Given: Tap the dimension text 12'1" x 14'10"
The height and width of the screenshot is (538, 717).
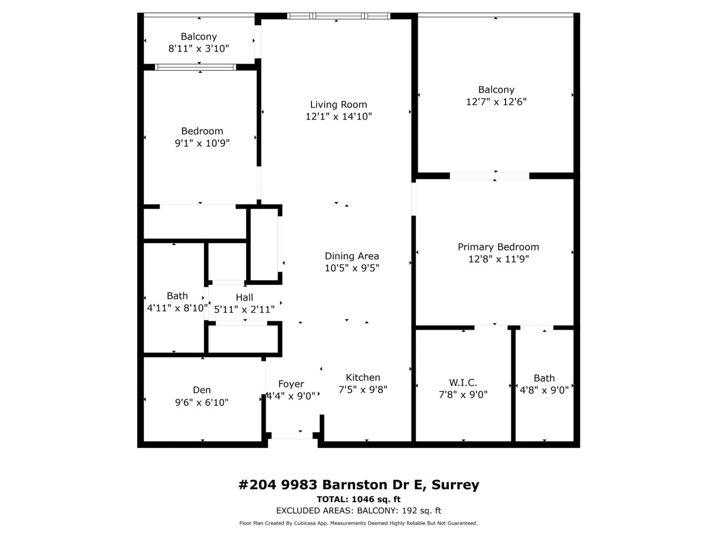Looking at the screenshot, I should (338, 116).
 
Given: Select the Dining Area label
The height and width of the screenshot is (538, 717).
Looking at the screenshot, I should (352, 256).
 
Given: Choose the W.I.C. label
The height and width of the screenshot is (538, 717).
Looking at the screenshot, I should (463, 383).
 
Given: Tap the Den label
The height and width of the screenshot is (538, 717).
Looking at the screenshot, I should (202, 390).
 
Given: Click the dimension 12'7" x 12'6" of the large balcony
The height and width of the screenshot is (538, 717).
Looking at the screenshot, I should (496, 102).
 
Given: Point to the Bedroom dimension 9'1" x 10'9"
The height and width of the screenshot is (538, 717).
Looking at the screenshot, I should (202, 143).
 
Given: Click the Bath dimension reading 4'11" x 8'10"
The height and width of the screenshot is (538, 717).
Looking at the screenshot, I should (177, 308).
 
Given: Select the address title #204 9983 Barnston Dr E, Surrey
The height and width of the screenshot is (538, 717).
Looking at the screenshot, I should (358, 485).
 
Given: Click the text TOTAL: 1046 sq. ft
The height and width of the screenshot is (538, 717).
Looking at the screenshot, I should (358, 499).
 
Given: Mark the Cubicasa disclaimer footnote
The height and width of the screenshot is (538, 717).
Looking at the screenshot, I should (358, 523).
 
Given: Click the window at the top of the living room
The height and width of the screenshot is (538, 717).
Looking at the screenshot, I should (338, 16).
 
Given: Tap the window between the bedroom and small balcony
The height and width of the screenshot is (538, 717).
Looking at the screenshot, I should (195, 67).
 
